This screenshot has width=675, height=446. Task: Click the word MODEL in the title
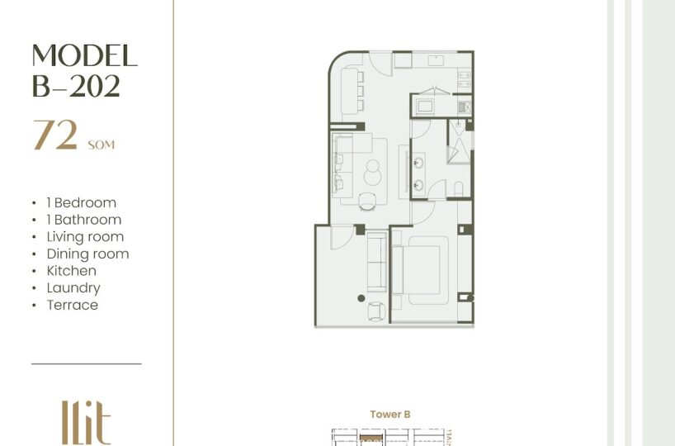(85, 55)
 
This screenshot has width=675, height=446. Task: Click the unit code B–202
(76, 86)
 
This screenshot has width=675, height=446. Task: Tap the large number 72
(55, 135)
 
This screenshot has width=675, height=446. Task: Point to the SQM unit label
(101, 145)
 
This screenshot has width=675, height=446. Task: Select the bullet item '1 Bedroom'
(82, 202)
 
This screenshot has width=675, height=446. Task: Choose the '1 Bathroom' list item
(84, 220)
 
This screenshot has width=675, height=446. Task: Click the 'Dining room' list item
(87, 254)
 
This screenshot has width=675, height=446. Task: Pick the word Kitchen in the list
(72, 271)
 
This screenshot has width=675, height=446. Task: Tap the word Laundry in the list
(73, 288)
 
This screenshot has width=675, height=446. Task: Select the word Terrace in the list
(73, 305)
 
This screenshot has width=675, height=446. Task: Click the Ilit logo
(86, 422)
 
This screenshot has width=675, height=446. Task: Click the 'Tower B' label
(390, 415)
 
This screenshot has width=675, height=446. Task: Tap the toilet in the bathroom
(459, 189)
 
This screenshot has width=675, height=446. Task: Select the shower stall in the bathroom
(460, 142)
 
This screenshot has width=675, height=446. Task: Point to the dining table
(349, 92)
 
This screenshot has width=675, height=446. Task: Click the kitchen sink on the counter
(436, 60)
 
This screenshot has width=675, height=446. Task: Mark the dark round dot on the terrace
(361, 298)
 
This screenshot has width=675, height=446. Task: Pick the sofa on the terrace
(377, 262)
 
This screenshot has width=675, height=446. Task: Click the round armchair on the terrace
(376, 311)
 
